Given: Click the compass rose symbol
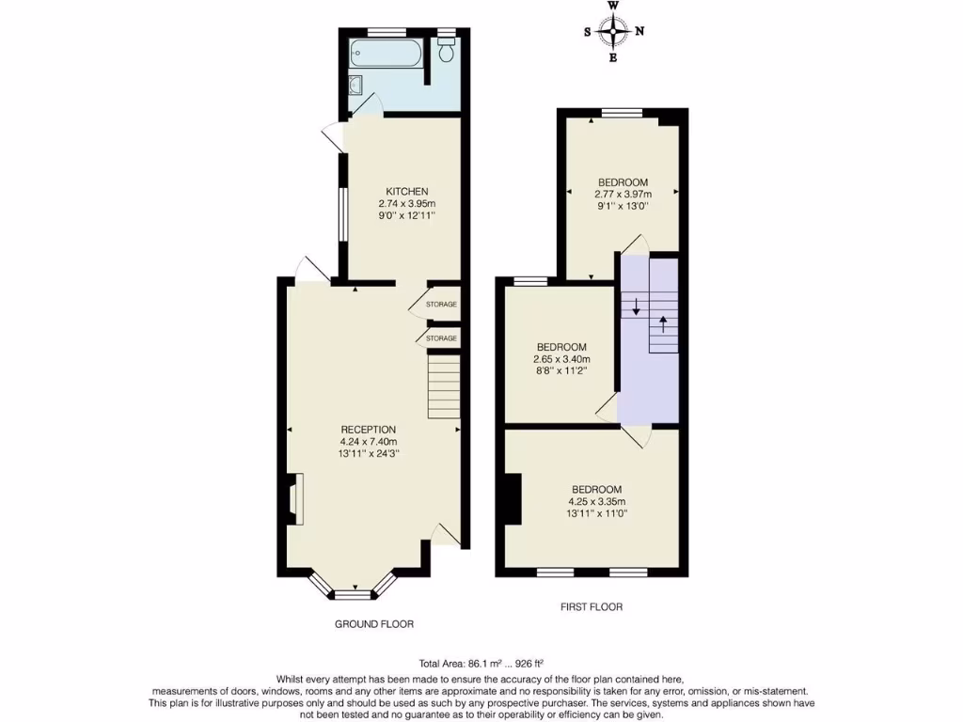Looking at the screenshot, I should [x=614, y=32].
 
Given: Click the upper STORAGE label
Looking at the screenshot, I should [x=441, y=305].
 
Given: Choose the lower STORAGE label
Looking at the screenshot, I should [x=441, y=338].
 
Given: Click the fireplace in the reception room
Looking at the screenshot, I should [x=294, y=498].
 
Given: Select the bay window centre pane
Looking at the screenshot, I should [x=354, y=593].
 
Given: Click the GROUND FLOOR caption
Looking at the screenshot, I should [x=374, y=624].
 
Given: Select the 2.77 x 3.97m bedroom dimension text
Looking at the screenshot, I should [x=623, y=195].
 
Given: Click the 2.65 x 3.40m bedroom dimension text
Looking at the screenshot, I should [x=560, y=359].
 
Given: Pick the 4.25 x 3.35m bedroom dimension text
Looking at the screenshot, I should [x=596, y=501].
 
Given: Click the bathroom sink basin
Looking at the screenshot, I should [x=354, y=87].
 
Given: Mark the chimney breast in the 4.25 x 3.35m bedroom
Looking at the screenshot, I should [x=513, y=498].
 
